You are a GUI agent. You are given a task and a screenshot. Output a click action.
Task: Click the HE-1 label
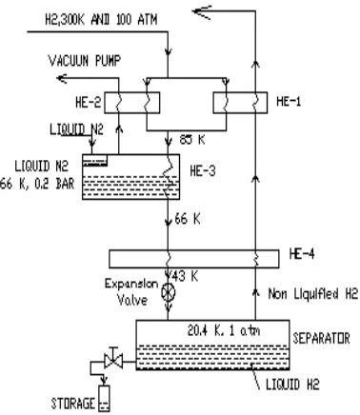point(289,102)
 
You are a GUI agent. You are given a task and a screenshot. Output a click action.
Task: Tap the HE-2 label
point(88,103)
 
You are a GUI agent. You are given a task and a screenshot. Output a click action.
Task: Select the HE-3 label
point(203,171)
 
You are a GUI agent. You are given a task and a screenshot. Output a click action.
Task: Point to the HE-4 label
point(302,254)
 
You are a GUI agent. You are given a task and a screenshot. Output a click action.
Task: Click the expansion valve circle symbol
point(169,292)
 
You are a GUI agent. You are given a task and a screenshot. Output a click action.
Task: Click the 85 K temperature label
point(192,139)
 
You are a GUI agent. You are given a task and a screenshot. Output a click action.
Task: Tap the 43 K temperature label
point(185,276)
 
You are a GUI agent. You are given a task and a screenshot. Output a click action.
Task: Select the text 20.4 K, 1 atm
point(224,331)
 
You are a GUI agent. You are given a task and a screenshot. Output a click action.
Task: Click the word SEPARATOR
point(321,339)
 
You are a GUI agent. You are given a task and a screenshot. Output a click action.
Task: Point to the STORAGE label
point(73,404)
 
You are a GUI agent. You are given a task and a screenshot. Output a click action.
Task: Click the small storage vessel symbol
point(105,398)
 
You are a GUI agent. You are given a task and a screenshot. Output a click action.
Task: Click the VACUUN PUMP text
point(85,60)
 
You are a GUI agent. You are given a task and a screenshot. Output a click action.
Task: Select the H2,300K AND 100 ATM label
point(101,20)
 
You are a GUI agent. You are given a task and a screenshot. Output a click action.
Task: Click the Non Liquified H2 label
point(313,294)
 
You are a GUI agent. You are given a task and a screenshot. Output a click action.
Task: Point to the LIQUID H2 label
point(292,385)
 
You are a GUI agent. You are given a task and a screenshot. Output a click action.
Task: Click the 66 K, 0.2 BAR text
point(37,184)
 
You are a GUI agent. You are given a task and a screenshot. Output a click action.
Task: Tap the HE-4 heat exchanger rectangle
point(194,259)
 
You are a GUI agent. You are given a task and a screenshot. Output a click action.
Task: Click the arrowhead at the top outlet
point(202,12)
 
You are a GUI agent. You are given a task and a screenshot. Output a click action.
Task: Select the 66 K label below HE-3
point(188,219)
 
